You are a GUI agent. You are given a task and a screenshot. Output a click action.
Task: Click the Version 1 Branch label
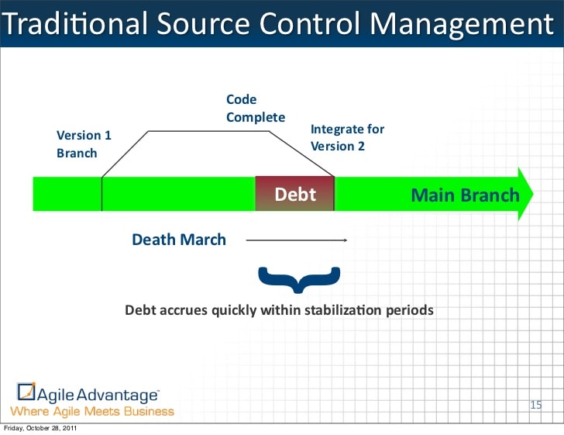(x=84, y=143)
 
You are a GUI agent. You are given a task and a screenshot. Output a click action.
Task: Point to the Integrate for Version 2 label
(x=347, y=137)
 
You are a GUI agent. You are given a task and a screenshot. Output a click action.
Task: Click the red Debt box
(x=295, y=193)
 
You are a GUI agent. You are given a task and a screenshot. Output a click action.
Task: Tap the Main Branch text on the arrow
(x=464, y=194)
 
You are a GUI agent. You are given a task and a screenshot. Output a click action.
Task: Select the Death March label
(x=179, y=240)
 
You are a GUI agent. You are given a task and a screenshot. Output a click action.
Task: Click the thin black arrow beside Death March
(x=296, y=240)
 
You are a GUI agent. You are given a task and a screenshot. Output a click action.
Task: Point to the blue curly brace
(x=298, y=279)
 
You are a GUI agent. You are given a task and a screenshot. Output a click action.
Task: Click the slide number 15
(x=535, y=404)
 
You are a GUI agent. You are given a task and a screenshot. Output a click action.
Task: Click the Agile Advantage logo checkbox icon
(x=26, y=392)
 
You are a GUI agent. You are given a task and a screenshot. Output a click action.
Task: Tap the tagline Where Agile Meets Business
(x=92, y=411)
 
